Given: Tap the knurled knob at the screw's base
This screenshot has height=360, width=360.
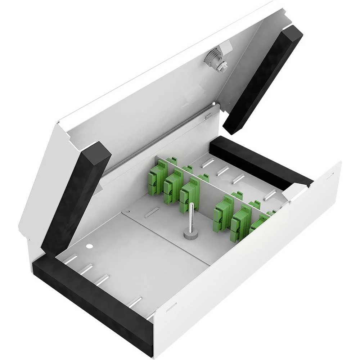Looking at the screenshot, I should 189,235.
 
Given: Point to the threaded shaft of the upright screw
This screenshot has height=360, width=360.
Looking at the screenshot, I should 191,216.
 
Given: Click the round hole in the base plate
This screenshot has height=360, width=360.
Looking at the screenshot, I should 90,247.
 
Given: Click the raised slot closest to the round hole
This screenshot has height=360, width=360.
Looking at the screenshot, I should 71,259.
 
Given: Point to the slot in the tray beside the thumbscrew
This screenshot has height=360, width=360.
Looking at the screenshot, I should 151,212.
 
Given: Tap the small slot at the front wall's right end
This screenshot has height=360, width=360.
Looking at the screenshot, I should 329,176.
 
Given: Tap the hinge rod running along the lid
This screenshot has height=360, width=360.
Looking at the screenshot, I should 158,142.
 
